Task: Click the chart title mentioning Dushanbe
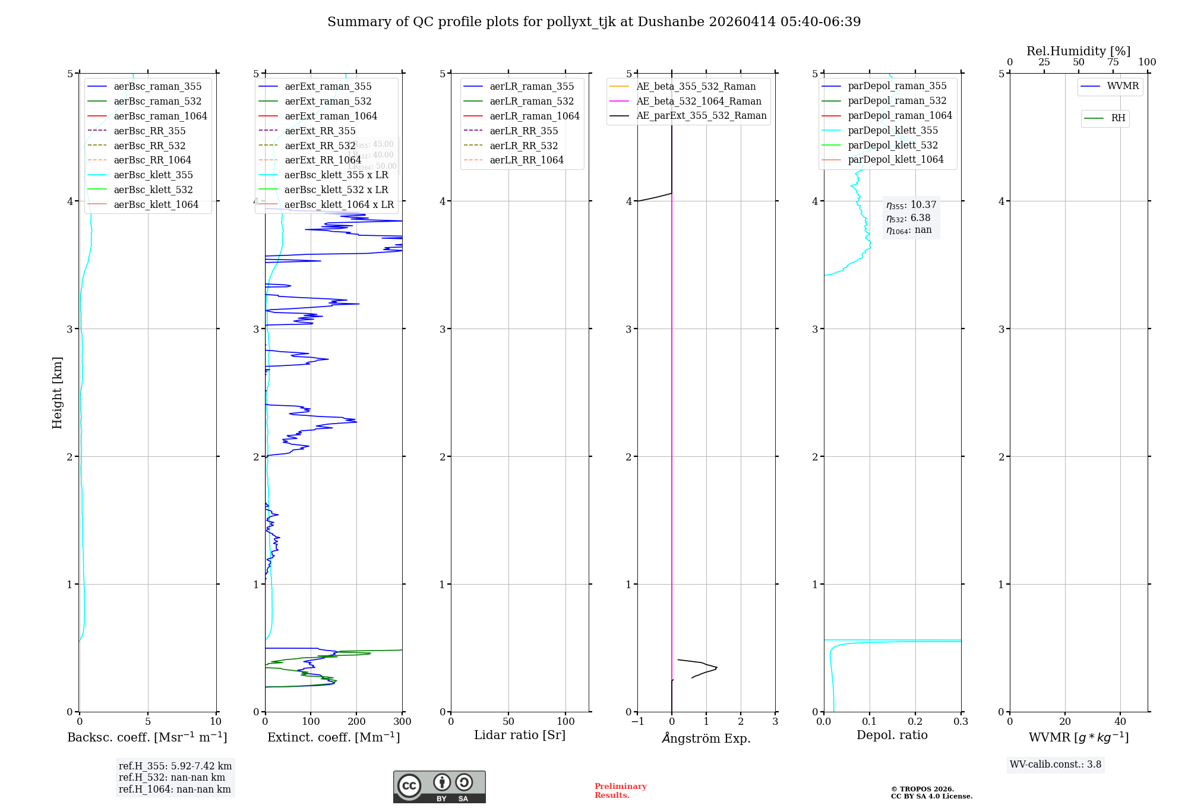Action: tap(594, 22)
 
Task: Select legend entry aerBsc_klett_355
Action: tap(153, 175)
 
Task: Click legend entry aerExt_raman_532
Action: tap(328, 101)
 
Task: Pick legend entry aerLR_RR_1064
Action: tap(526, 160)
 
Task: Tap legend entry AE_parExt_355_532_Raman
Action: tap(701, 115)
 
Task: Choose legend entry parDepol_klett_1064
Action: tap(895, 159)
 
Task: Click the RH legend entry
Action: tap(1118, 118)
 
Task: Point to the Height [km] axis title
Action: tap(57, 393)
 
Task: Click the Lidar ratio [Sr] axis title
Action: tap(520, 735)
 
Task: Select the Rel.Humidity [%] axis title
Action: tap(1078, 51)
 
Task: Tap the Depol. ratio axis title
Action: tap(892, 735)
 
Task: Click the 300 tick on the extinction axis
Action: tap(402, 722)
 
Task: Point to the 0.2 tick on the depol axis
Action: tap(915, 722)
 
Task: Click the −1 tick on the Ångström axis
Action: tap(637, 722)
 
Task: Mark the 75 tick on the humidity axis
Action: tap(1113, 62)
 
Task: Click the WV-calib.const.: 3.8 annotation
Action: tap(1055, 765)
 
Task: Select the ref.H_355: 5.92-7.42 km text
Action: tap(175, 766)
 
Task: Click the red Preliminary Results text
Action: tap(620, 791)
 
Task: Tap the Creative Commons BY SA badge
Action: tap(439, 787)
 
